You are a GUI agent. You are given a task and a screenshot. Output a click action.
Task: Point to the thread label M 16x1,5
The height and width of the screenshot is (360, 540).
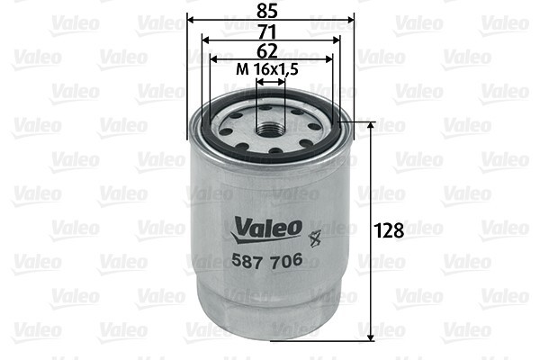[268, 68]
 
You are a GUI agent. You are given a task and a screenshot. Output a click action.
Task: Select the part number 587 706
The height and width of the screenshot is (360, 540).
[266, 261]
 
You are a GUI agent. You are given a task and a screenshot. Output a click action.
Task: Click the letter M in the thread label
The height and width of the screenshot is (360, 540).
[240, 68]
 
